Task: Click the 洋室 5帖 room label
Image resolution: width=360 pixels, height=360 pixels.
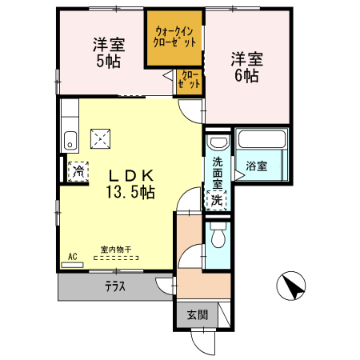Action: [x=106, y=52]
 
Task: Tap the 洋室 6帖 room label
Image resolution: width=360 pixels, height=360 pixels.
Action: [x=246, y=67]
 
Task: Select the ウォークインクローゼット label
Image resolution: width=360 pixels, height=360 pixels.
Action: [x=174, y=36]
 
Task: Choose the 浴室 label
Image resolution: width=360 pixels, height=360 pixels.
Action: [x=257, y=166]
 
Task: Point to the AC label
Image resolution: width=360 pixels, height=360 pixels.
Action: [x=71, y=256]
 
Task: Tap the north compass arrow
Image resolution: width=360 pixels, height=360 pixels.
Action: [x=293, y=286]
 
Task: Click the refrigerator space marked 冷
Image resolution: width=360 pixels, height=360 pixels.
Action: [x=78, y=170]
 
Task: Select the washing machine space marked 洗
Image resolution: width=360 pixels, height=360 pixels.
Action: [x=217, y=201]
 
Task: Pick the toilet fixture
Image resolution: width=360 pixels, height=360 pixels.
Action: [x=217, y=237]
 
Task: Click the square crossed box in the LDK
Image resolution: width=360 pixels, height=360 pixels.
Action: [x=100, y=138]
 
